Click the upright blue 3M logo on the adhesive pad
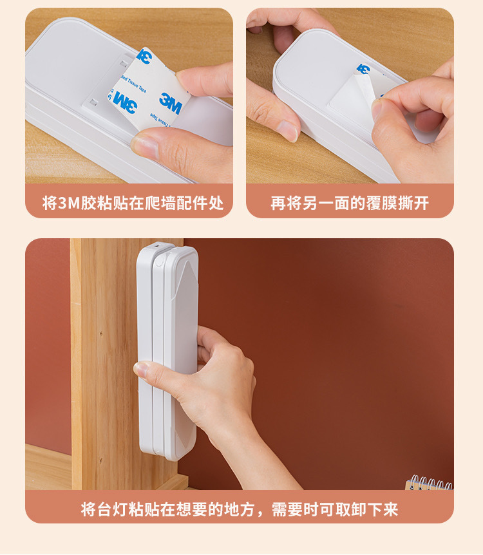point(171,101)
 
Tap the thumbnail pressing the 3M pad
point(146,146)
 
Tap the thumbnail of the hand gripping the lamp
point(141,370)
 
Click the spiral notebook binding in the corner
point(430,482)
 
